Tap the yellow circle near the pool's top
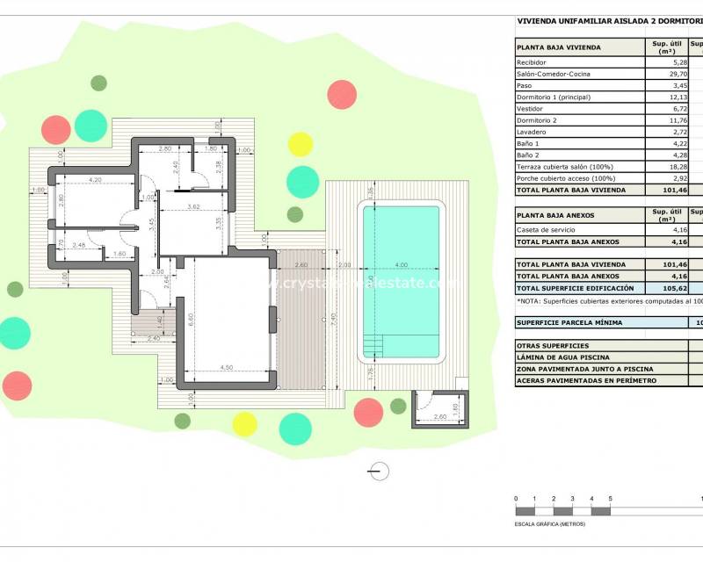[x=301, y=143]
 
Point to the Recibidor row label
[x=532, y=63]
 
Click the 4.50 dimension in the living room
[x=226, y=368]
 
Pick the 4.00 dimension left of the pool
[x=401, y=265]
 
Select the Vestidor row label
[x=530, y=109]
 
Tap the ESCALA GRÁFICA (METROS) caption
[x=550, y=524]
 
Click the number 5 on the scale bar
[x=610, y=500]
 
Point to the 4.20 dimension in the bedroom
[x=95, y=180]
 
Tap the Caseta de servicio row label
[x=546, y=230]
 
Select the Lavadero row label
[x=531, y=132]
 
